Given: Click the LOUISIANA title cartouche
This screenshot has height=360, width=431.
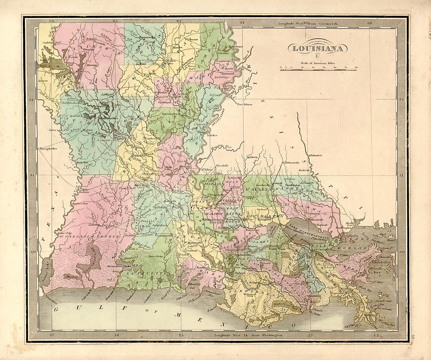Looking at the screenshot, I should pos(318,48).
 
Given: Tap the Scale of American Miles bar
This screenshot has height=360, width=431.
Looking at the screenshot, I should pos(318,69).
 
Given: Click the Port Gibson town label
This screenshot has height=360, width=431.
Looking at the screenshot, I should pos(244,104).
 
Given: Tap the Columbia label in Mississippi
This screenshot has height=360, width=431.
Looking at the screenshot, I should pos(316,155).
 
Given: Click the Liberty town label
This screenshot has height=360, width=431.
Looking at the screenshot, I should pos(254,157).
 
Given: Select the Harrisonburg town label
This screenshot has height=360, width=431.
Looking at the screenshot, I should pos(167,114).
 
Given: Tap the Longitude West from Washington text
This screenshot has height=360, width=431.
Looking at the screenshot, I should pos(249,335).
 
